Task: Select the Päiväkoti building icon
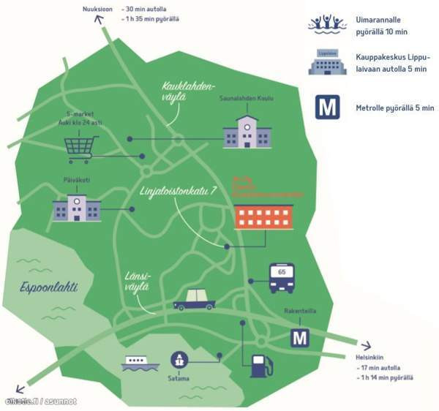(76, 208)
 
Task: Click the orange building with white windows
(263, 217)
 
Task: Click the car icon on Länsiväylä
(194, 299)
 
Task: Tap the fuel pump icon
(261, 365)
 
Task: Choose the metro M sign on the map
(300, 337)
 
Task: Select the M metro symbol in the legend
(328, 107)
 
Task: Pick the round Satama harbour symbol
(179, 360)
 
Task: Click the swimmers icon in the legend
(327, 23)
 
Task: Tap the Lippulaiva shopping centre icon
(327, 63)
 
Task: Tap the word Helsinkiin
(370, 358)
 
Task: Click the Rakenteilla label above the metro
(299, 311)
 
